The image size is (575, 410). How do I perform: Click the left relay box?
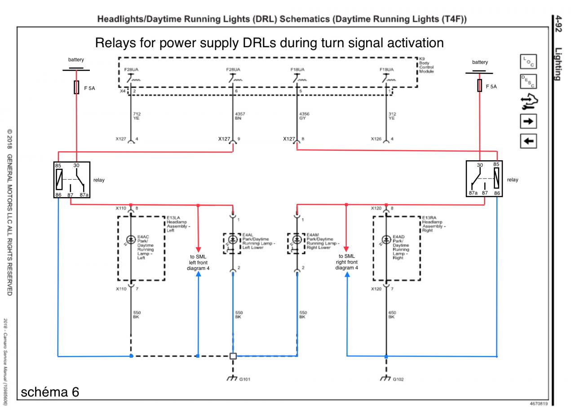click(x=71, y=180)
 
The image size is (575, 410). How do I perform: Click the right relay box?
click(x=484, y=179)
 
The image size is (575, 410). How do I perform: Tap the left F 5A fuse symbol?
click(x=76, y=87)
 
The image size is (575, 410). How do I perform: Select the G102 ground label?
click(x=398, y=379)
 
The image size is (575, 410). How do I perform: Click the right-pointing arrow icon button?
click(x=528, y=121)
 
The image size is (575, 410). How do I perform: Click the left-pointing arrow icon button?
click(x=528, y=141)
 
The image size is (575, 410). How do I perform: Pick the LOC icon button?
click(x=528, y=62)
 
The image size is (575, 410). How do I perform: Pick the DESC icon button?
click(x=528, y=81)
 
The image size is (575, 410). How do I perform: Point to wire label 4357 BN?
click(x=240, y=116)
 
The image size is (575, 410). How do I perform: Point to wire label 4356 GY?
click(x=304, y=116)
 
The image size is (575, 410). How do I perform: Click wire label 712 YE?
click(x=137, y=116)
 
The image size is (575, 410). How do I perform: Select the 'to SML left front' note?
click(x=198, y=262)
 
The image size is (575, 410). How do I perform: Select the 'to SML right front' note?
click(x=346, y=262)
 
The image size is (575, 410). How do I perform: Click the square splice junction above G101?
click(x=233, y=356)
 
